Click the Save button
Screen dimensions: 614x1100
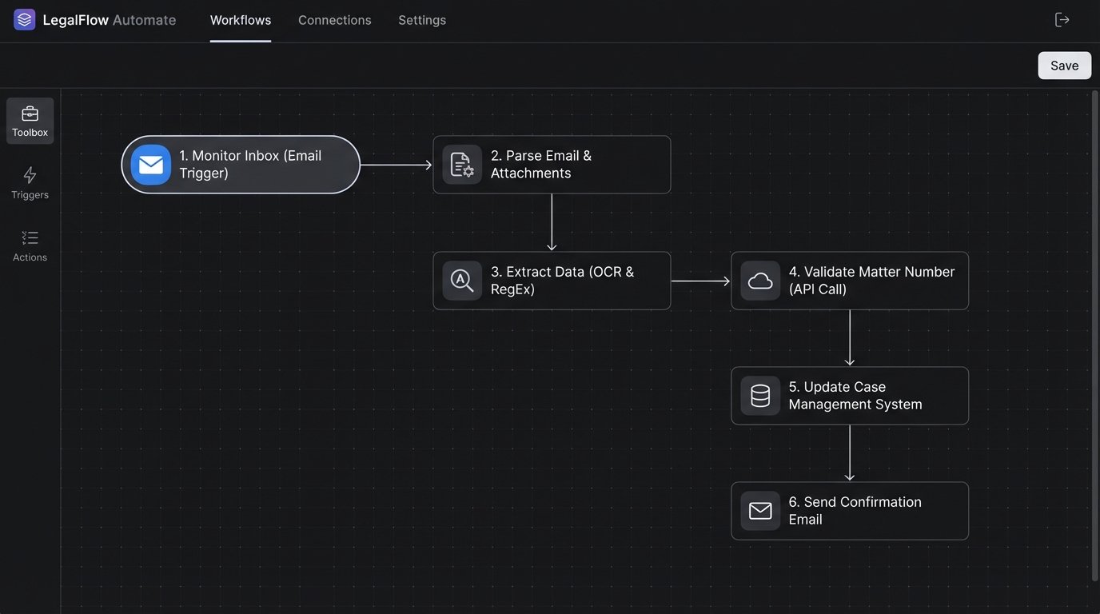[x=1064, y=66]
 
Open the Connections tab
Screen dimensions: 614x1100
[x=334, y=20]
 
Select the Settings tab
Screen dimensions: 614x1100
[x=422, y=20]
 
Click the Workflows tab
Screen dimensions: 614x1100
[x=240, y=20]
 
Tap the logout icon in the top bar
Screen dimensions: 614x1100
[x=1062, y=20]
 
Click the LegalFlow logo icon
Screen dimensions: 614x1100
[x=25, y=20]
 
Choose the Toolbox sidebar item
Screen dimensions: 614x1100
[x=30, y=121]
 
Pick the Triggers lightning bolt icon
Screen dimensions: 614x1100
[x=30, y=175]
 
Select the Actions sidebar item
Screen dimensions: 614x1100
[x=30, y=245]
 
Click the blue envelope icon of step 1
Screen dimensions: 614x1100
[x=150, y=165]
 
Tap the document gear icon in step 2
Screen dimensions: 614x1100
[x=462, y=165]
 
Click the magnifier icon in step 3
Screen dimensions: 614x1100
[x=462, y=281]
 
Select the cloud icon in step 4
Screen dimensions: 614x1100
[x=760, y=281]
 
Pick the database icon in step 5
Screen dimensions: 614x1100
[x=760, y=396]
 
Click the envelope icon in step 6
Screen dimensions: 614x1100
[x=760, y=511]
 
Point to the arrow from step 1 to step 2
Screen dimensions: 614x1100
[x=396, y=165]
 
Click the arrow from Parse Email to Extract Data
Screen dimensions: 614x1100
[x=552, y=222]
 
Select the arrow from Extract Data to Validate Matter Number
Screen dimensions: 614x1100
[x=700, y=281]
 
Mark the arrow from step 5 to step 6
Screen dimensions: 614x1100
[x=849, y=453]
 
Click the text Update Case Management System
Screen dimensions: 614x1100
[x=855, y=396]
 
